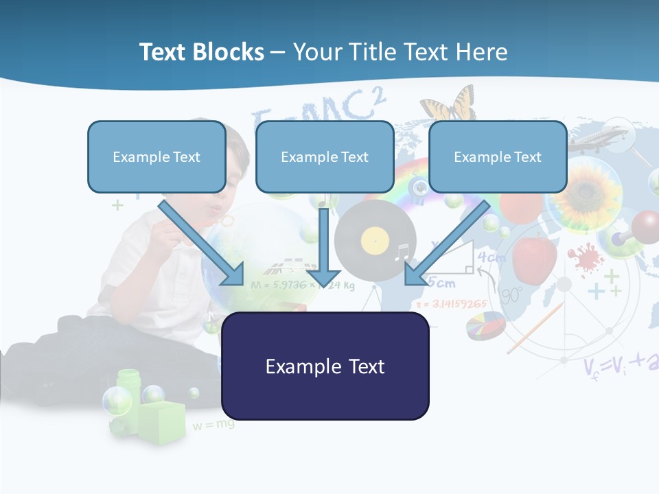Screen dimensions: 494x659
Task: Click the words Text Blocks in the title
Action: pos(201,52)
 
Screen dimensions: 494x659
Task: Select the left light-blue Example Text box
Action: pos(157,156)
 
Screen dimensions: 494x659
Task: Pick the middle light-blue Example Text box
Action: pos(325,156)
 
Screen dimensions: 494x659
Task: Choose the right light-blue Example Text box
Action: pos(498,156)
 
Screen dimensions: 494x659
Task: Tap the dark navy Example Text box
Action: pos(325,366)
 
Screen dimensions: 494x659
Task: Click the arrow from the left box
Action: pos(203,244)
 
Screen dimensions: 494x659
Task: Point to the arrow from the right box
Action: pos(446,244)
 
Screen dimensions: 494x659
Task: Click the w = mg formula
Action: pos(213,425)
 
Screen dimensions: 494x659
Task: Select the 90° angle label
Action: pos(511,296)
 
